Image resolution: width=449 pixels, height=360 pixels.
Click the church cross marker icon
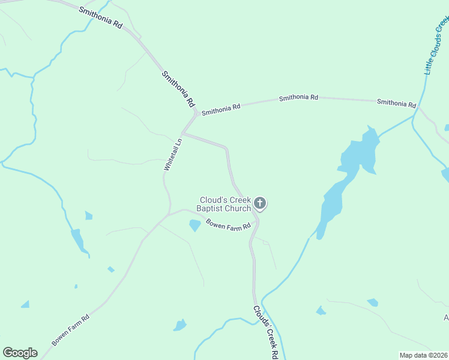[x=260, y=203]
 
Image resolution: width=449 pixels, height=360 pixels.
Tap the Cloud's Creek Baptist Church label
[x=225, y=204]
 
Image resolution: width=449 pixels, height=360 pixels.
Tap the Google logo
[x=20, y=353]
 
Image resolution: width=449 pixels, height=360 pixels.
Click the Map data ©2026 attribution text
[x=423, y=355]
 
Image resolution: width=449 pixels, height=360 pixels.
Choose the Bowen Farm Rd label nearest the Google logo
[x=70, y=329]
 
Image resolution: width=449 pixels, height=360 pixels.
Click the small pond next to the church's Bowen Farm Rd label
[x=194, y=226]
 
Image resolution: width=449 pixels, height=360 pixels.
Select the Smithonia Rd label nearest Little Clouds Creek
[x=396, y=103]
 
